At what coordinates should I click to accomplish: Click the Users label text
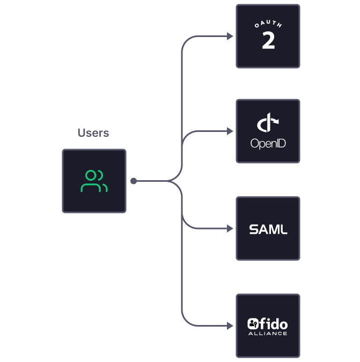click(x=93, y=133)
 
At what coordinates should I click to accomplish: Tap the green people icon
click(x=94, y=181)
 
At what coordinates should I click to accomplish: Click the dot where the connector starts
click(x=134, y=181)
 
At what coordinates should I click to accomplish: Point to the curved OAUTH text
click(x=268, y=25)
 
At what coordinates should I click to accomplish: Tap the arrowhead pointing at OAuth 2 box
click(x=230, y=36)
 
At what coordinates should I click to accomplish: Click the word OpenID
click(x=268, y=144)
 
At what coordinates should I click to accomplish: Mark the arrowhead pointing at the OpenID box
click(x=230, y=131)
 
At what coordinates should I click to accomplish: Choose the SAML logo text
click(x=268, y=230)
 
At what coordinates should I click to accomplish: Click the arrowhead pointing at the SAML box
click(x=230, y=229)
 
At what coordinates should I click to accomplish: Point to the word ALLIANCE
click(x=268, y=334)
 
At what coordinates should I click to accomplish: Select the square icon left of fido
click(x=253, y=323)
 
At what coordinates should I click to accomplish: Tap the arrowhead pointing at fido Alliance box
click(x=230, y=326)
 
